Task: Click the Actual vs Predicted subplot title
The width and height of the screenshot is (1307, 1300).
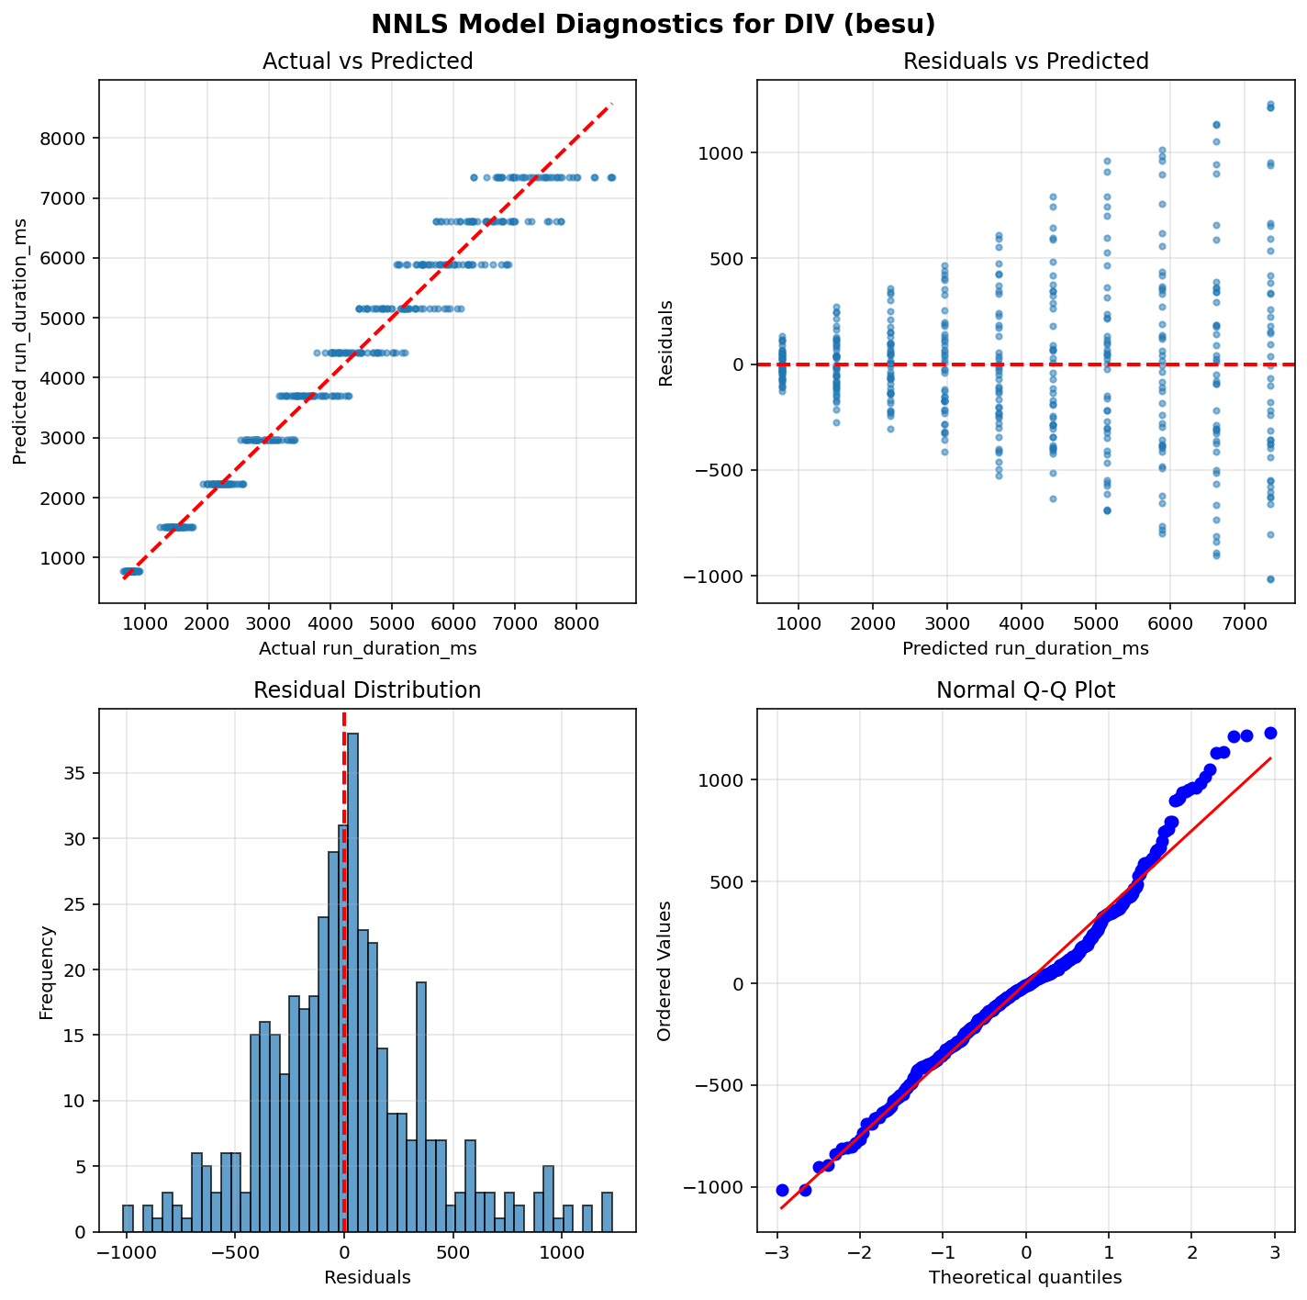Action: [x=367, y=62]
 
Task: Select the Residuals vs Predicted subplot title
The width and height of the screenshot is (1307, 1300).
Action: [x=1025, y=62]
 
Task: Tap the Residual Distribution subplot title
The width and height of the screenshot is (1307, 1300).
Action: [x=367, y=690]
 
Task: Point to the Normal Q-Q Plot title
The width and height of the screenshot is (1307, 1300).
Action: [x=1025, y=690]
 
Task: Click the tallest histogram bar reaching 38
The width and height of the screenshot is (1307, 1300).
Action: [x=352, y=982]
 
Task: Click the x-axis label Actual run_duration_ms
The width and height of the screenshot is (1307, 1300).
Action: [x=367, y=648]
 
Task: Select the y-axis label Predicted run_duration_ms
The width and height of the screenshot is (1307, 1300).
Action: [x=20, y=342]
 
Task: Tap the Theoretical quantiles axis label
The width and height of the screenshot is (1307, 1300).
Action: [x=1025, y=1277]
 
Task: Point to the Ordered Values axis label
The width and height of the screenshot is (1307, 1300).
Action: [x=665, y=970]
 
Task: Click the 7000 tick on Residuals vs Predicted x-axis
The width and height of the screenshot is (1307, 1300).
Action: [x=1244, y=623]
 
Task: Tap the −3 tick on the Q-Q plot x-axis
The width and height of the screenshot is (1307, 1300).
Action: [x=777, y=1252]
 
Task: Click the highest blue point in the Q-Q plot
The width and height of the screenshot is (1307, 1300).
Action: [x=1270, y=733]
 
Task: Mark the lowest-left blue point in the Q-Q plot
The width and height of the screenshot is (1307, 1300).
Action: [x=782, y=1190]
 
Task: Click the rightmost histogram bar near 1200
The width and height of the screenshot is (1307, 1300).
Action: [x=607, y=1212]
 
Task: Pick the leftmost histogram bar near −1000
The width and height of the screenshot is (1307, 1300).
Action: [x=128, y=1218]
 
